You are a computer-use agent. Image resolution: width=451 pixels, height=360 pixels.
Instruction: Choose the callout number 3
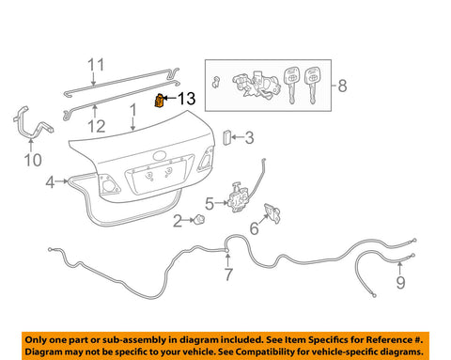pyautogui.click(x=248, y=139)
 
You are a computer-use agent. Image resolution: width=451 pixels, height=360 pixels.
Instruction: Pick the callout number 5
pyautogui.click(x=210, y=200)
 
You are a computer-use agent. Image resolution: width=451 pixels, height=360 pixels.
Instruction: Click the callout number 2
pyautogui.click(x=176, y=222)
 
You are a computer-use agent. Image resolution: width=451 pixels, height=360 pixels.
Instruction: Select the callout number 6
pyautogui.click(x=254, y=228)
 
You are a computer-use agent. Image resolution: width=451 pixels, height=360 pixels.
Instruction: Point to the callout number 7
pyautogui.click(x=226, y=274)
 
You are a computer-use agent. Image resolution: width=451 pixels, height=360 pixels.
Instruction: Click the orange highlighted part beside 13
pyautogui.click(x=161, y=101)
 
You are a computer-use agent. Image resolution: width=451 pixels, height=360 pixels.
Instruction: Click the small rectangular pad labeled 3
pyautogui.click(x=227, y=139)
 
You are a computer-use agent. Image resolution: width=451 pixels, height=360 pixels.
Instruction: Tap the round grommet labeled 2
pyautogui.click(x=199, y=221)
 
